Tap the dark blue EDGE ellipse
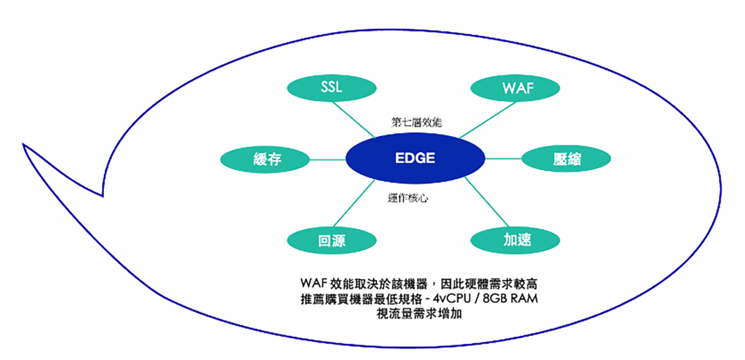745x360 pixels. (x=415, y=158)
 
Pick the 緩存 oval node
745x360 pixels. (x=266, y=159)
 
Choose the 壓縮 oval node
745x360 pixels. (x=566, y=159)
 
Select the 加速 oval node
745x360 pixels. (x=517, y=241)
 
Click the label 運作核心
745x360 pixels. (x=407, y=199)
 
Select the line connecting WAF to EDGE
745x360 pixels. (x=488, y=120)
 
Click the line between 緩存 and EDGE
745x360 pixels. (x=328, y=159)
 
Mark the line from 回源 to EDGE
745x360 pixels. (x=354, y=203)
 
